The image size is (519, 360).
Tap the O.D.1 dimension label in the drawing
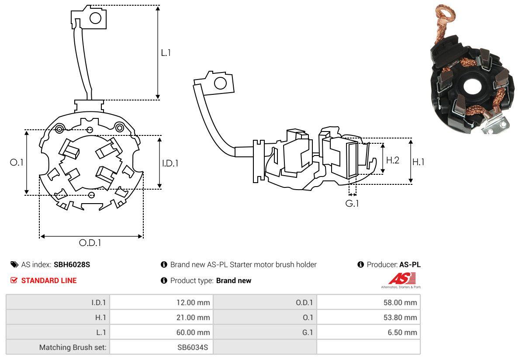tap(90, 243)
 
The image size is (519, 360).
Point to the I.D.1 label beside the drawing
tap(170, 163)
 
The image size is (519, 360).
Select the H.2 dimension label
tap(392, 160)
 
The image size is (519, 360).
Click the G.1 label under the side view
tap(352, 204)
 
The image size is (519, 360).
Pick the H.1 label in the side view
tap(419, 162)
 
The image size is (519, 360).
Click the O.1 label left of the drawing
tap(17, 162)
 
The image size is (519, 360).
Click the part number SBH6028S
tap(72, 264)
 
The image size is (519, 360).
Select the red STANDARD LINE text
tap(48, 280)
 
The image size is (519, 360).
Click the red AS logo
tap(402, 278)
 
